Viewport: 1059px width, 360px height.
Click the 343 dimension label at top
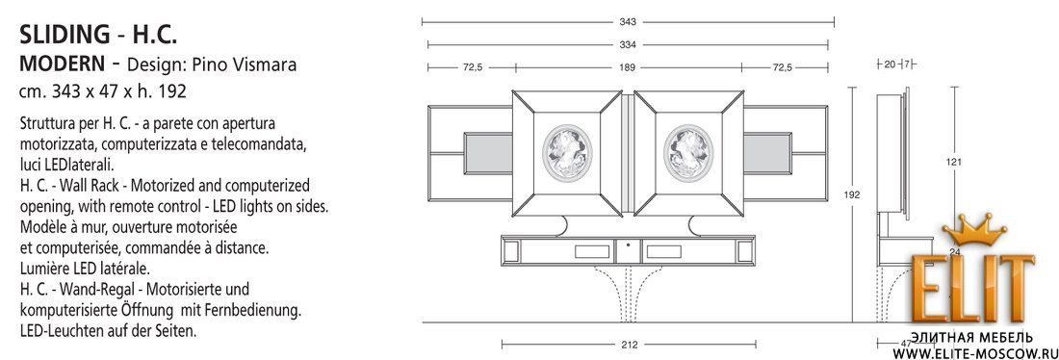628,22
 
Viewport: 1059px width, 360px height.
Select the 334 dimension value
628,45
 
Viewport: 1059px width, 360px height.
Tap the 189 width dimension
628,67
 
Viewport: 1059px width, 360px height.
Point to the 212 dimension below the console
629,345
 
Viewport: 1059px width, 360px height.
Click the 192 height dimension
852,194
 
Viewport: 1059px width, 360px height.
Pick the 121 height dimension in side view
954,162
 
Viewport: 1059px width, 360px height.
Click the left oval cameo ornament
567,153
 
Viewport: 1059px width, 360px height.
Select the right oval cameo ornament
688,153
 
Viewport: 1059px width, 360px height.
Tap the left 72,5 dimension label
472,67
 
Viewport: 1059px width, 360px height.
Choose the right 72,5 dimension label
782,67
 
